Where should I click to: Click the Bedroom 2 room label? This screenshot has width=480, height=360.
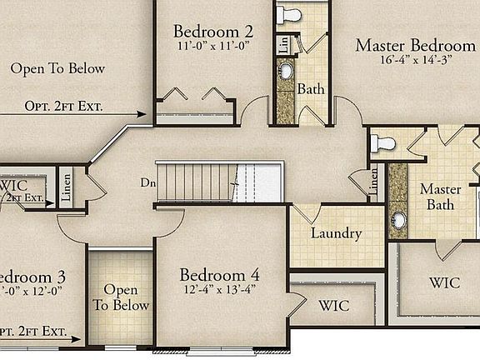[x=213, y=32]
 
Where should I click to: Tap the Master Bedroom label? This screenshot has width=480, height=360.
[x=415, y=45]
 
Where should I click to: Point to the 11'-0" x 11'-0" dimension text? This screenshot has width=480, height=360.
[x=213, y=47]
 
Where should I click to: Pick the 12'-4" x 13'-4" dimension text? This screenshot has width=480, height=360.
[x=220, y=290]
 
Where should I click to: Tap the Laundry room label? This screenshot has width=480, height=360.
[x=336, y=233]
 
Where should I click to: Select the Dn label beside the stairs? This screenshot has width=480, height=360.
[x=147, y=182]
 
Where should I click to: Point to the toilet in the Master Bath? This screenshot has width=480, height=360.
[x=383, y=142]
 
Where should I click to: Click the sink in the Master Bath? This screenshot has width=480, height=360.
[x=398, y=220]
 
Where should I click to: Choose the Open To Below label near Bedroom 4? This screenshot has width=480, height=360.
[x=121, y=297]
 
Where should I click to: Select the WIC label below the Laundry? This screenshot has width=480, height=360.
[x=334, y=305]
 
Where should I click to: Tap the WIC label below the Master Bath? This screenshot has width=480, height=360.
[x=444, y=282]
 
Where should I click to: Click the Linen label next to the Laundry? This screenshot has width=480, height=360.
[x=373, y=181]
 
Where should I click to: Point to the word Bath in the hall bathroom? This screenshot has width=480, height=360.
[x=311, y=88]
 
